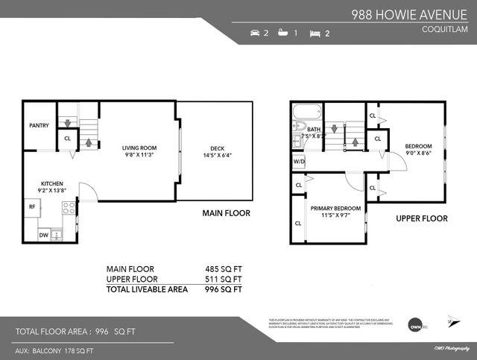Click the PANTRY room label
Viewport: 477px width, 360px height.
(39, 125)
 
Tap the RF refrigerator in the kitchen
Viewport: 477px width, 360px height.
(32, 206)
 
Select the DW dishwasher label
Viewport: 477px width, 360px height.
(43, 235)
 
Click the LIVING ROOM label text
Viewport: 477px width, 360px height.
(139, 148)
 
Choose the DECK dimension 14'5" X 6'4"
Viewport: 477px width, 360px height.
(216, 155)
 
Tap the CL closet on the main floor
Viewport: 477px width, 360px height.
(67, 138)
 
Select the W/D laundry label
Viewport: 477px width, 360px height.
(299, 161)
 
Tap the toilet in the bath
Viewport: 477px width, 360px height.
(299, 139)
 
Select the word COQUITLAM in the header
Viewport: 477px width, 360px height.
(444, 30)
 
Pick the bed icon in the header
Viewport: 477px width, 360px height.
(315, 34)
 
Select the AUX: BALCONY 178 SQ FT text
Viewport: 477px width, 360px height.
(54, 350)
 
